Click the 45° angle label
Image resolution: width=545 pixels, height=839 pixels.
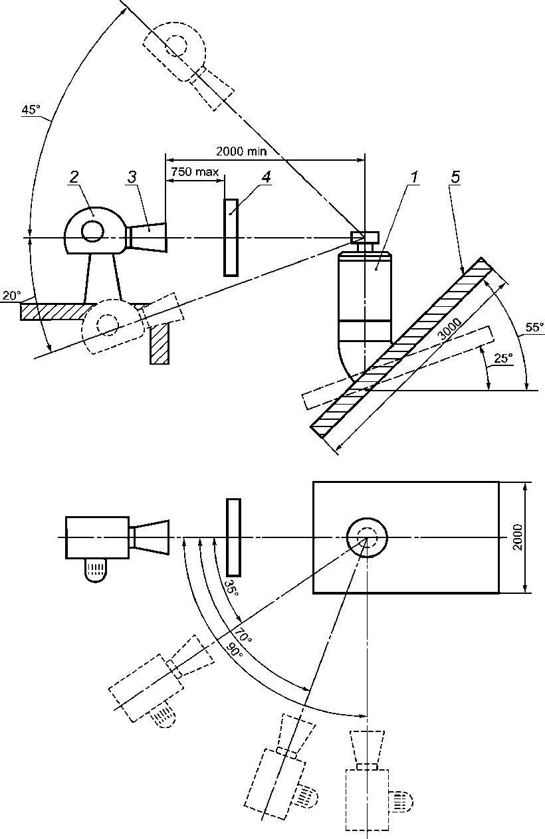click(x=31, y=110)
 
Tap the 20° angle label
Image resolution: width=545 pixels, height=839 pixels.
click(x=11, y=296)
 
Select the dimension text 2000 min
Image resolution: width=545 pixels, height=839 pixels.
click(x=241, y=151)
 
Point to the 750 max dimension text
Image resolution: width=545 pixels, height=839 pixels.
click(x=195, y=171)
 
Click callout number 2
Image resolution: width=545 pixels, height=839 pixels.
click(x=74, y=177)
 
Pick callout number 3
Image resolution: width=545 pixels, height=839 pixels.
click(x=132, y=177)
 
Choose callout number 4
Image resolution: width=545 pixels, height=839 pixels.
click(x=265, y=177)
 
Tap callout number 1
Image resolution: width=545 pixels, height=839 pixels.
click(x=414, y=177)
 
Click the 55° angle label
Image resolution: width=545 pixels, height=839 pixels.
click(x=534, y=327)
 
